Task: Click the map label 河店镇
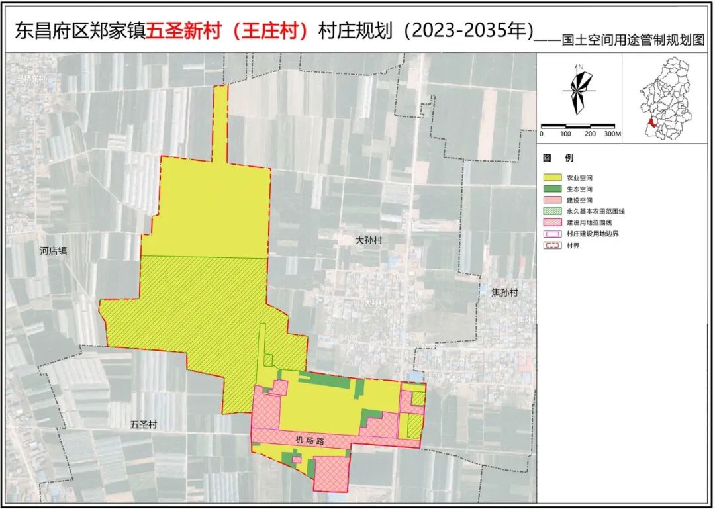[x=54, y=251]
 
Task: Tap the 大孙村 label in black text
[x=369, y=241]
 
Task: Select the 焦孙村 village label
[x=504, y=292]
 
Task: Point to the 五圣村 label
[x=144, y=424]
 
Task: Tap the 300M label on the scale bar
[x=611, y=134]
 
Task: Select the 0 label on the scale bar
[x=542, y=134]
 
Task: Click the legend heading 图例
[x=558, y=159]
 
